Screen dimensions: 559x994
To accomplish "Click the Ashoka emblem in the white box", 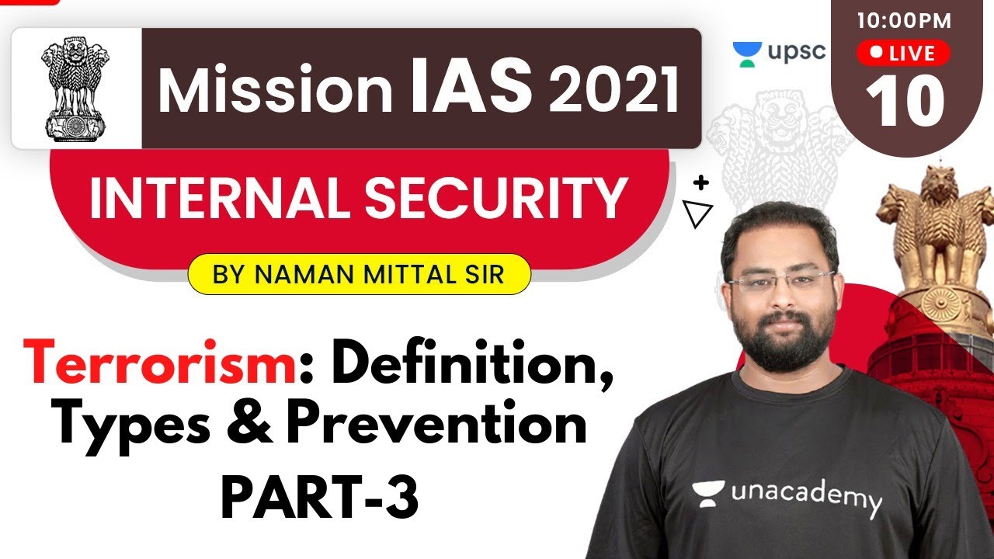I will pos(76,88).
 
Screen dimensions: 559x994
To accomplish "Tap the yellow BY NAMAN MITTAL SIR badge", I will pos(359,274).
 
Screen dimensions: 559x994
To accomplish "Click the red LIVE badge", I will pos(903,53).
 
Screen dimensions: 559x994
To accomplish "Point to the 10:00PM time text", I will pos(904,21).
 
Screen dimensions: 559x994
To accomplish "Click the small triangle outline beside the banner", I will pos(697,214).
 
